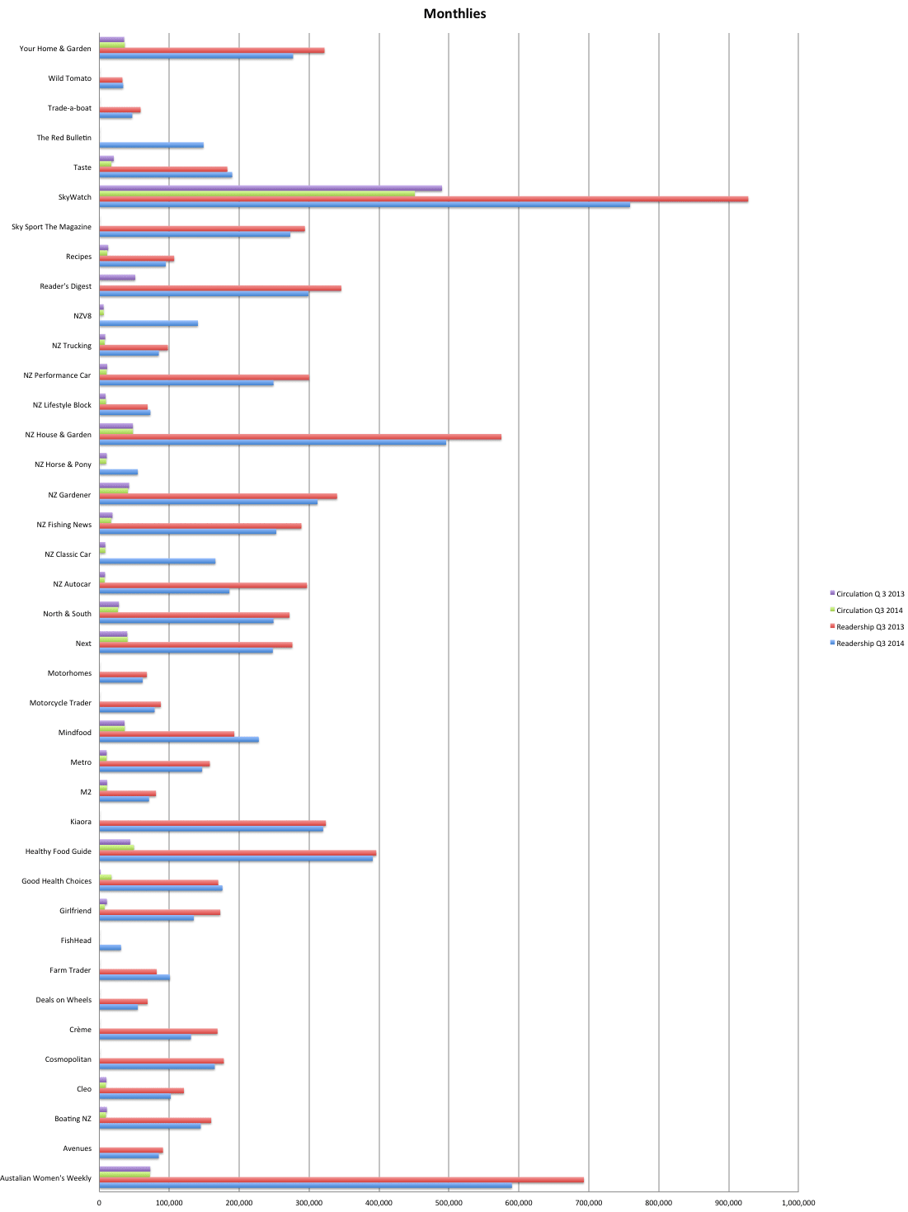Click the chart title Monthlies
click(x=454, y=13)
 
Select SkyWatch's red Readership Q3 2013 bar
click(x=423, y=199)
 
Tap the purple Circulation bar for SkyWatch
click(x=270, y=188)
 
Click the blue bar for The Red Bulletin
click(x=151, y=145)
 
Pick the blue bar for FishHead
click(x=110, y=948)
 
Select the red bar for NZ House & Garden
click(x=299, y=436)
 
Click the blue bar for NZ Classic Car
click(x=157, y=561)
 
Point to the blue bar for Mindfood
click(x=178, y=739)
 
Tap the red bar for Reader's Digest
click(x=219, y=288)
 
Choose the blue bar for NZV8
click(x=148, y=323)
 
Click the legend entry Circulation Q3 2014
click(x=869, y=611)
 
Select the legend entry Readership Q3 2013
click(x=869, y=627)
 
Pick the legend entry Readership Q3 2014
click(x=869, y=644)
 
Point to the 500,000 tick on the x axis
click(x=449, y=1202)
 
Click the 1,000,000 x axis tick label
click(x=798, y=1202)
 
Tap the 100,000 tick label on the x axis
click(x=169, y=1202)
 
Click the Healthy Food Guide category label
click(x=58, y=851)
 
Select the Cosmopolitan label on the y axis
click(x=68, y=1059)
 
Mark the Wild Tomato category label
click(x=69, y=78)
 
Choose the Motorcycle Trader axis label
click(x=60, y=703)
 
